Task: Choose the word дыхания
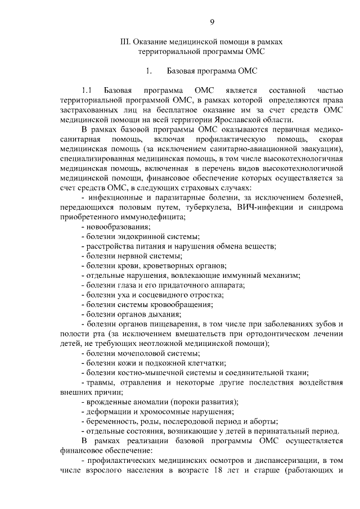coord(161,314)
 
